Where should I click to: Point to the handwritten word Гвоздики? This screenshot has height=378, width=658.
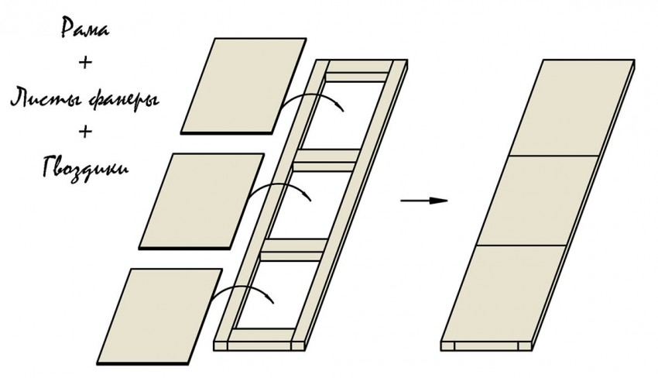coord(85,168)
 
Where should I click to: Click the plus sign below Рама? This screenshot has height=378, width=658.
coord(85,63)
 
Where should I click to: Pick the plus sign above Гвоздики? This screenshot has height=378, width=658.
coord(85,132)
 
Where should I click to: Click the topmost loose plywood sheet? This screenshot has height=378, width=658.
coord(243,86)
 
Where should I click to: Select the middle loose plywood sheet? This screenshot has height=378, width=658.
coord(201,201)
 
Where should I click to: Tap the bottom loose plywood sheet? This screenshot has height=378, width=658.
coord(159,317)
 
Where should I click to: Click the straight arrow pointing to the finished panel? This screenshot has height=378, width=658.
coord(424,201)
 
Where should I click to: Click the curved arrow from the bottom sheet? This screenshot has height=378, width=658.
coord(242,287)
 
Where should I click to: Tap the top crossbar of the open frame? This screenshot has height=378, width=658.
coord(357,77)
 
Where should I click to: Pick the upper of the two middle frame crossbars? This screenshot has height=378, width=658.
coord(326,160)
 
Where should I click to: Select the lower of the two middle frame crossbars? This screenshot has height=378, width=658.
coord(293,250)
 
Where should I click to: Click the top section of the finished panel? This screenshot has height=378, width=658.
coord(571,108)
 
